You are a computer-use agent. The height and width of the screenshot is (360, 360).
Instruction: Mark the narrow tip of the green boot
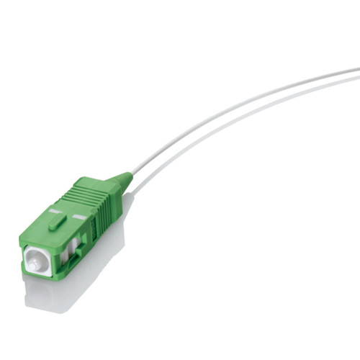tap(130, 174)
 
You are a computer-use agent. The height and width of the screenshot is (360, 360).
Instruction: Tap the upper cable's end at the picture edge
tap(357, 71)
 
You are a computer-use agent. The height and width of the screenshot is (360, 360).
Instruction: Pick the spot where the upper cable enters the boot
tap(132, 174)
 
